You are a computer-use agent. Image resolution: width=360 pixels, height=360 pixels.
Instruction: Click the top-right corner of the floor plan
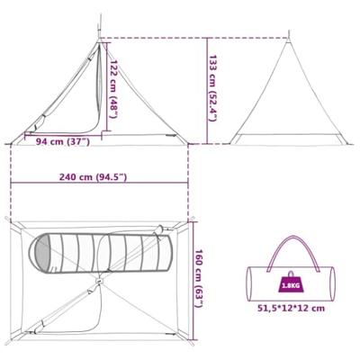coord(192,219)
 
